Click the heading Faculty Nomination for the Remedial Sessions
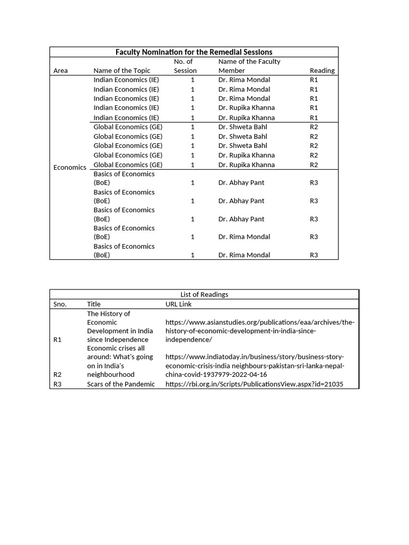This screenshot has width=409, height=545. [194, 52]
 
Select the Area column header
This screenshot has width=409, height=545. [61, 71]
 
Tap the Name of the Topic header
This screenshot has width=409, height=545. [122, 71]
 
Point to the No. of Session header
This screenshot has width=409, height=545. [185, 66]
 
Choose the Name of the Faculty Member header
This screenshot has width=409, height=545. [249, 66]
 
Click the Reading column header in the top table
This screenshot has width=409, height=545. [322, 71]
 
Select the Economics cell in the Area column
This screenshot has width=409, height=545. [70, 168]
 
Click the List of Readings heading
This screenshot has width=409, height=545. [204, 295]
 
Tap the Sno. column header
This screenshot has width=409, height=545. [60, 304]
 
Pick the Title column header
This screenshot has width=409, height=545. [94, 304]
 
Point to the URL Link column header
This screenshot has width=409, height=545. [179, 304]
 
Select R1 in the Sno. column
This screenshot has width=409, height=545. [58, 340]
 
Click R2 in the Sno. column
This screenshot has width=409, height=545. [58, 375]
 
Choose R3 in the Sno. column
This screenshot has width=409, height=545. [58, 384]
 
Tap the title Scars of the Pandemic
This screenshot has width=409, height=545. [121, 384]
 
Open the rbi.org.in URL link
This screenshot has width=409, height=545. [254, 384]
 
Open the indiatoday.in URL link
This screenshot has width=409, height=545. [255, 366]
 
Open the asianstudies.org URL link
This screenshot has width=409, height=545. [259, 331]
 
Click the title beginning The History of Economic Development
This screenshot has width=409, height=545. [120, 327]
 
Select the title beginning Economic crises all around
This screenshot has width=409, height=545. [120, 361]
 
